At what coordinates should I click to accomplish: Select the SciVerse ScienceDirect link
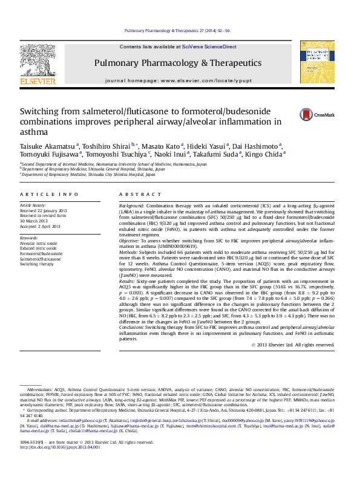206,47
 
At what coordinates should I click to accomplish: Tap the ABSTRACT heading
132,194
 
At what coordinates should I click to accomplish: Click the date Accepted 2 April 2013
41,227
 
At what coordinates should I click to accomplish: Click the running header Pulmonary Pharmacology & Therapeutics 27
180,30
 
